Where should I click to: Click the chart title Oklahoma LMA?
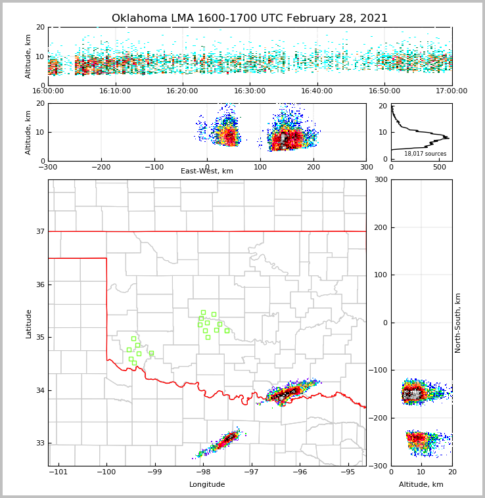[x=249, y=18]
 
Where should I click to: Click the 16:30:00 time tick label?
[x=250, y=91]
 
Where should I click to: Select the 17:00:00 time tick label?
[x=451, y=91]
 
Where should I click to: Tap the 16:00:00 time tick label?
[x=48, y=91]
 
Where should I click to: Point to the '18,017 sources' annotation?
[x=425, y=154]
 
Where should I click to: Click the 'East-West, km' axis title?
[x=207, y=171]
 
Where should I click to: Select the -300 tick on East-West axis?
[x=48, y=167]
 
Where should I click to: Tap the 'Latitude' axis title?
[x=28, y=323]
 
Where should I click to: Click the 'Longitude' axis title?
[x=207, y=485]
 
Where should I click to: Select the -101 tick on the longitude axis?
[x=58, y=472]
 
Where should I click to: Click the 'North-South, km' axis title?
[x=458, y=323]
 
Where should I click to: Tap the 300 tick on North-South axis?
[x=381, y=180]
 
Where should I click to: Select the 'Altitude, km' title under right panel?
[x=421, y=485]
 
